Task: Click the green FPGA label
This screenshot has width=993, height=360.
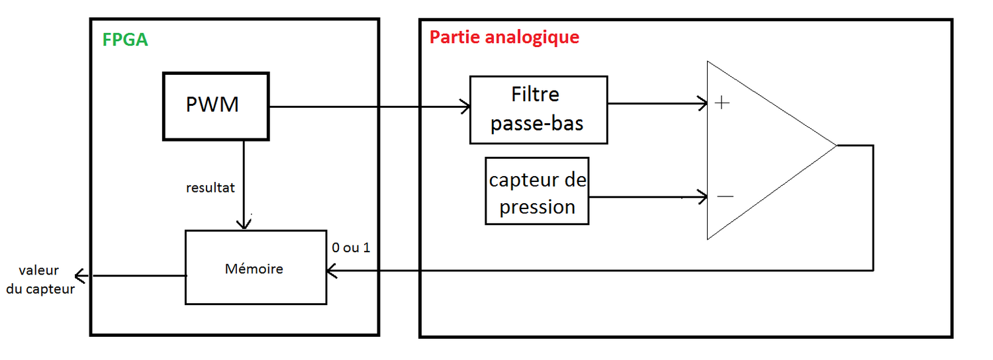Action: [125, 40]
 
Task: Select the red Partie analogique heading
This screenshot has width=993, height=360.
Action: [504, 37]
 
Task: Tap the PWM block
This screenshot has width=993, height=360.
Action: [216, 106]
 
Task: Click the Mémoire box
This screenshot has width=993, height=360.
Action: [255, 267]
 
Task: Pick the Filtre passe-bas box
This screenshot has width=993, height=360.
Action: [538, 110]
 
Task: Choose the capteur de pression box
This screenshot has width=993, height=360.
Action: [537, 191]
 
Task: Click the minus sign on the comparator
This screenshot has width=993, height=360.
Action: [726, 196]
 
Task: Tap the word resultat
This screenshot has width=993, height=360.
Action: [211, 188]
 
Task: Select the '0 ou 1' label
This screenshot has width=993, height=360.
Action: [351, 247]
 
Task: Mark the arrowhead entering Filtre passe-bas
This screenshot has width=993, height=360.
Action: [466, 107]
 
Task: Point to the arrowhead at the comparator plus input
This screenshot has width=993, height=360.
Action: [703, 103]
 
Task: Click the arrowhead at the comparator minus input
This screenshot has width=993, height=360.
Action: [703, 197]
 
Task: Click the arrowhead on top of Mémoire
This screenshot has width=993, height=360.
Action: [245, 224]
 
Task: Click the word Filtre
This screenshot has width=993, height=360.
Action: [535, 95]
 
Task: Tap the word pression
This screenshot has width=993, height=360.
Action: [537, 207]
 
